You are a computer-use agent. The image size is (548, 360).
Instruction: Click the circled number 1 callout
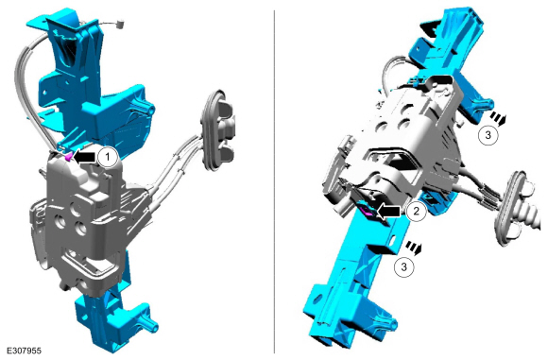pyautogui.click(x=108, y=158)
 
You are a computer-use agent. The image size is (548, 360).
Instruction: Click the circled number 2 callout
pyautogui.click(x=417, y=211)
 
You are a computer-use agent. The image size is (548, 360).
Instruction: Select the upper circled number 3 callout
pyautogui.click(x=488, y=134)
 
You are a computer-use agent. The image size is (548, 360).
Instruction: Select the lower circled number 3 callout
pyautogui.click(x=404, y=266)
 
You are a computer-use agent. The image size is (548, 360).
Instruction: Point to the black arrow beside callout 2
pyautogui.click(x=389, y=211)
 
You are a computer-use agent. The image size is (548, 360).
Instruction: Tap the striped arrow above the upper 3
pyautogui.click(x=498, y=118)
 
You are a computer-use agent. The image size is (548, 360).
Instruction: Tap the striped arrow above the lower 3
pyautogui.click(x=414, y=249)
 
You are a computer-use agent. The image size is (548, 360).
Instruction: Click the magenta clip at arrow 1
pyautogui.click(x=69, y=157)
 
